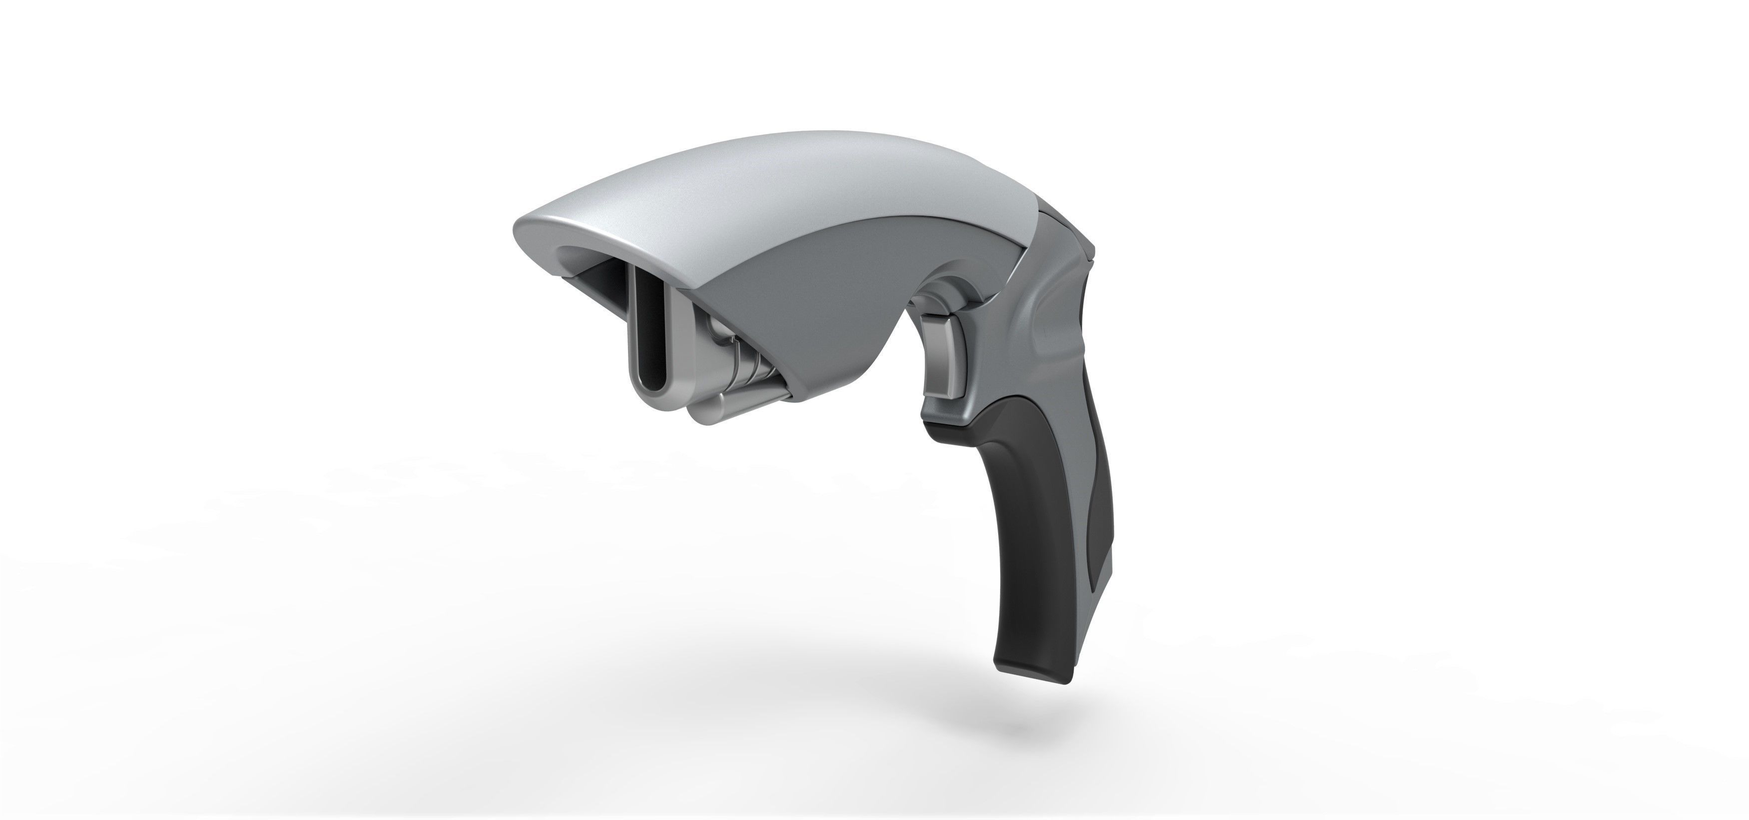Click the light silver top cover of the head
click(x=781, y=176)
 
